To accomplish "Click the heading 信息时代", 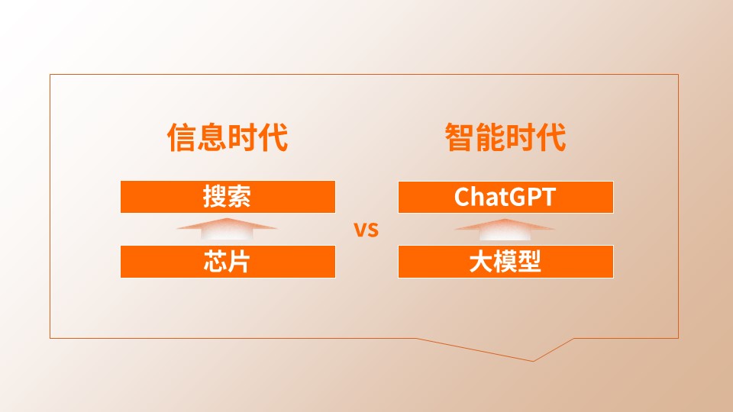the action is [228, 137].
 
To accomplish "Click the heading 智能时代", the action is [505, 137].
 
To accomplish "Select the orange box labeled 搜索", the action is [228, 197].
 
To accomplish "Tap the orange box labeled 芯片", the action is [228, 262].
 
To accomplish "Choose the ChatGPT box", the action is [505, 197].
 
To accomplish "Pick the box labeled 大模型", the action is [505, 262].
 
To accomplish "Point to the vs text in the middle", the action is [366, 230].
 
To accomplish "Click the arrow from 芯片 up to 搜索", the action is [227, 229].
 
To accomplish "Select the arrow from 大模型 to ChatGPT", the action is [505, 229].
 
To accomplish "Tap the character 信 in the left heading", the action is [182, 137].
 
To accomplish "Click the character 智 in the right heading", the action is [460, 137].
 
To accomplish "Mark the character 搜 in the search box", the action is [215, 196].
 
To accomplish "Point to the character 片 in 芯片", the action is [239, 262].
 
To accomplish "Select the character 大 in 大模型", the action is [481, 262].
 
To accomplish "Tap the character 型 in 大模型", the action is [529, 262].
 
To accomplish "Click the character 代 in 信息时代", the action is [273, 137].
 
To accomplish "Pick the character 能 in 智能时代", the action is [490, 137].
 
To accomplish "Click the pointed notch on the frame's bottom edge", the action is [534, 361].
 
